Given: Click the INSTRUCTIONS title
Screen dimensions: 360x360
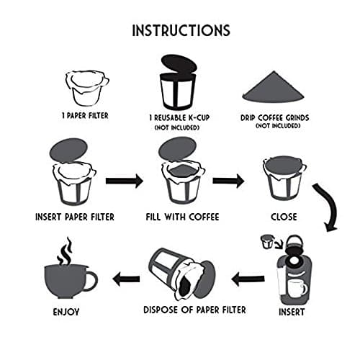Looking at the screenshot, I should tap(181, 30).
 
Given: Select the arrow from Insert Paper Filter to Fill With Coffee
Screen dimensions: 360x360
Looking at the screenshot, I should tap(124, 180).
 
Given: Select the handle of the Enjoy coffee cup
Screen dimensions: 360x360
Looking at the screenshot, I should tap(91, 280).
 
